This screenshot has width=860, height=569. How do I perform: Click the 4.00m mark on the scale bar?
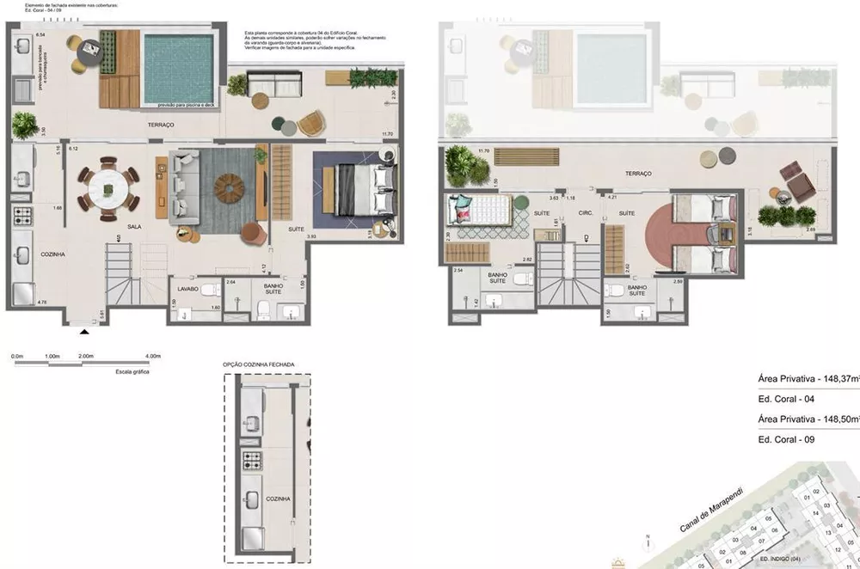coord(152,356)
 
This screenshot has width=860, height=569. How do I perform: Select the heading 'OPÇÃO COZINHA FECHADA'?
coord(259,364)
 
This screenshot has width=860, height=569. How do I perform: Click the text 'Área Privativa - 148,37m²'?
coord(808,378)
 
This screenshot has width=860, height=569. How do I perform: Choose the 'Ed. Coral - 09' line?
coord(785,439)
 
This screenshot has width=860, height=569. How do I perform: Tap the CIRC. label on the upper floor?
coord(587,212)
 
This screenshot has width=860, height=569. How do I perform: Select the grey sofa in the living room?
coord(183,183)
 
